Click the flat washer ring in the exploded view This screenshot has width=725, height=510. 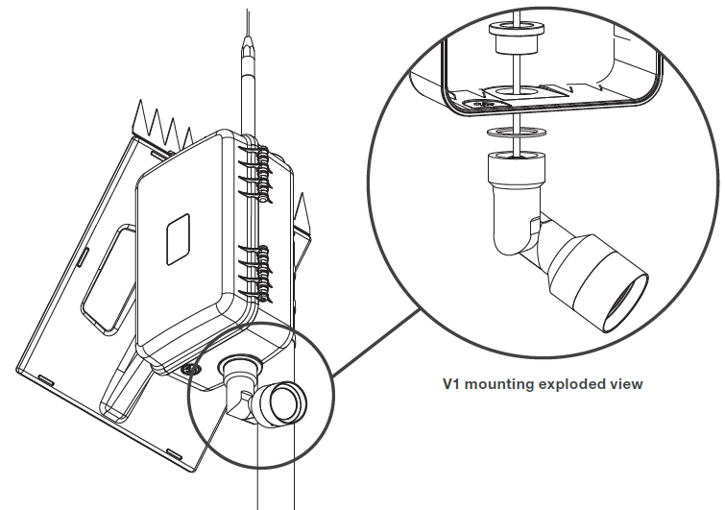514,134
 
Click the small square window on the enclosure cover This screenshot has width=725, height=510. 180,238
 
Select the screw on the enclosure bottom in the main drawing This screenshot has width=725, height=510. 191,368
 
